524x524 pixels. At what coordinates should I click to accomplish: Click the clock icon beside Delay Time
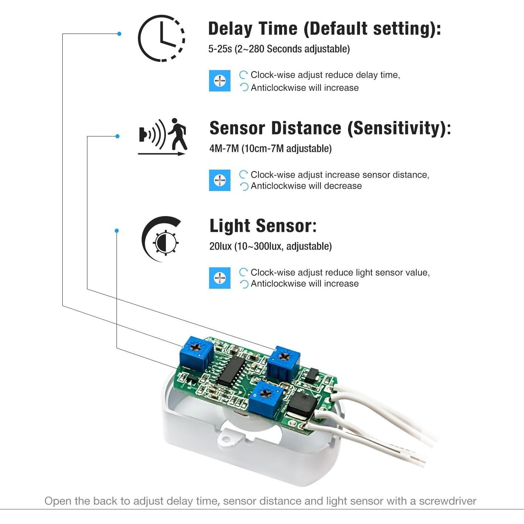point(162,38)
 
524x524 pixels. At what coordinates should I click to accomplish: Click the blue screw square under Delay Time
point(220,81)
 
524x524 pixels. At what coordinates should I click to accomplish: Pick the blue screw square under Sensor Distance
point(220,180)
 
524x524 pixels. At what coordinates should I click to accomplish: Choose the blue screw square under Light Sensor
point(220,278)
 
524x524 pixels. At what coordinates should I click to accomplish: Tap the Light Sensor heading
point(263,226)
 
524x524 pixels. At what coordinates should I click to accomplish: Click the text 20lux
point(220,246)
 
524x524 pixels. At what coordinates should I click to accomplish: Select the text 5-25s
point(220,49)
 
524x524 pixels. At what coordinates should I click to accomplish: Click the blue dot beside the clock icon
point(119,34)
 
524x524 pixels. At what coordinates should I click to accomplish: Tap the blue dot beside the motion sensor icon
point(117,136)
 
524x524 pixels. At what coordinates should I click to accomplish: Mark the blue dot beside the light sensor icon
point(117,231)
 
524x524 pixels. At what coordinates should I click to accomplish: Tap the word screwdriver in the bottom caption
point(448,501)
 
